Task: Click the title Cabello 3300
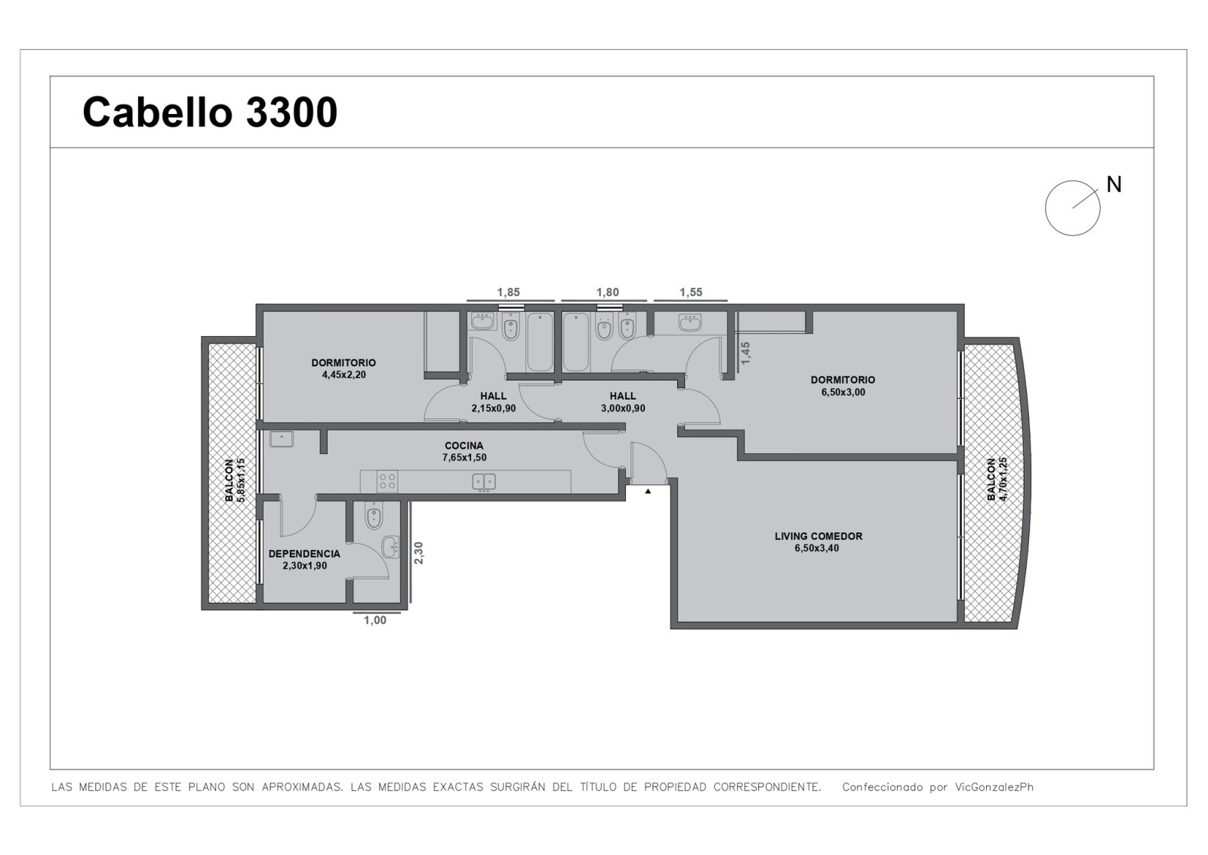pos(210,113)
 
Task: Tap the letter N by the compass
pos(1114,184)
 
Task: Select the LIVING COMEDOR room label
pos(818,542)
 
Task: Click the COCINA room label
pos(464,452)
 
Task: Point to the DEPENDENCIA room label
pos(304,560)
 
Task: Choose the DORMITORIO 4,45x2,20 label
pos(344,369)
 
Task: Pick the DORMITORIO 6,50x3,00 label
pos(843,386)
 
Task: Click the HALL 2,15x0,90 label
pos(494,402)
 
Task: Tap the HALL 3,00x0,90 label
pos(623,402)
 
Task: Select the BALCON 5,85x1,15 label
pos(235,480)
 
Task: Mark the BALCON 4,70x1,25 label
pos(997,479)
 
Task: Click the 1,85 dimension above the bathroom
pos(509,292)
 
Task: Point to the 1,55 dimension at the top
pos(691,292)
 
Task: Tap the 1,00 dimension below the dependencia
pos(374,620)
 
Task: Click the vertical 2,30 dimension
pos(418,553)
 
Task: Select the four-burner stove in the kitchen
pos(387,480)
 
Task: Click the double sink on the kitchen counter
pos(484,482)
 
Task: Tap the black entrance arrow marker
pos(648,492)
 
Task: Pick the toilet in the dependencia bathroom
pos(374,516)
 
